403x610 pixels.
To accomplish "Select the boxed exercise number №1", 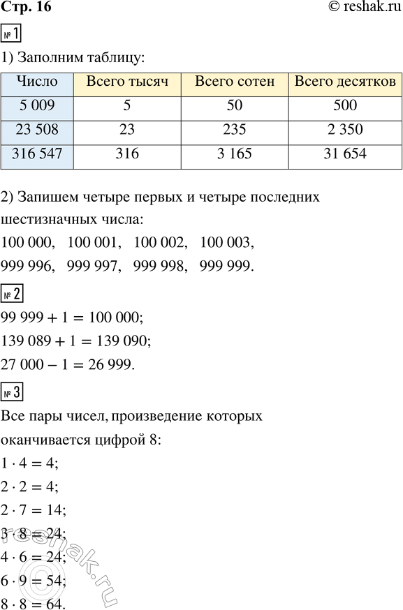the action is (x=10, y=33).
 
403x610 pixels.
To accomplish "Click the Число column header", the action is (x=36, y=82).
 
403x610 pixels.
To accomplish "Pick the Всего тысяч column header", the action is (x=127, y=82).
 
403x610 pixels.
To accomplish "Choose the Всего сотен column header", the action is (x=235, y=82).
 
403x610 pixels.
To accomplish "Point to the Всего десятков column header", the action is (x=345, y=82).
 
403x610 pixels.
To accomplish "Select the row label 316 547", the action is (x=36, y=155).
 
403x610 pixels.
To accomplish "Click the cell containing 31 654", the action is (x=345, y=155).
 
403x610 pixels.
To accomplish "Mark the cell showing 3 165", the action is (x=235, y=155).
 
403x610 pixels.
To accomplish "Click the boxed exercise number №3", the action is (x=10, y=393).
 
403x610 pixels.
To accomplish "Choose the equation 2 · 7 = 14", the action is (x=34, y=510).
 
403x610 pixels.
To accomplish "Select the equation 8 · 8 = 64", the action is (x=34, y=601).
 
